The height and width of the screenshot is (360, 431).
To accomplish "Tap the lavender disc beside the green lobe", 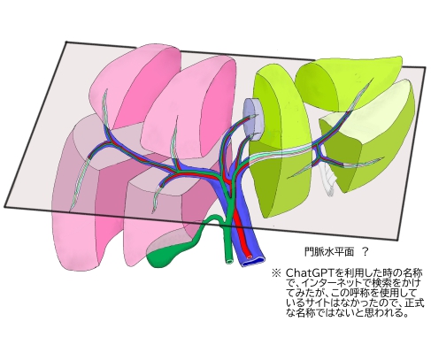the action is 253,119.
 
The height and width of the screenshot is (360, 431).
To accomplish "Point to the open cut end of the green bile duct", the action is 229,261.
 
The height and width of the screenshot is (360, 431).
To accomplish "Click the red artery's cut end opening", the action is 250,257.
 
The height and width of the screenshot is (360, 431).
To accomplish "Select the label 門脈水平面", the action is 329,252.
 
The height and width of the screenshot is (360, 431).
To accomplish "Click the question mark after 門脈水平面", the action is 365,252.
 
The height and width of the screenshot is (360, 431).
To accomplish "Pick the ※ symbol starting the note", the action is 276,272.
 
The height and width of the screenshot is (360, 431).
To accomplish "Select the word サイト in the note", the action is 316,303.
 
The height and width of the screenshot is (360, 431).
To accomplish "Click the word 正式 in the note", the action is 414,303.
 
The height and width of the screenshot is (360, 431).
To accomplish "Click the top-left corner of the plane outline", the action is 66,42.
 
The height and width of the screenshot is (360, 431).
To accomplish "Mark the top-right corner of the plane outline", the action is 425,67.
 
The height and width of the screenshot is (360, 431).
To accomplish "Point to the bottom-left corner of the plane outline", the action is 4,206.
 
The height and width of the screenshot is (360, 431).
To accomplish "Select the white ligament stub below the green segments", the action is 329,180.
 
